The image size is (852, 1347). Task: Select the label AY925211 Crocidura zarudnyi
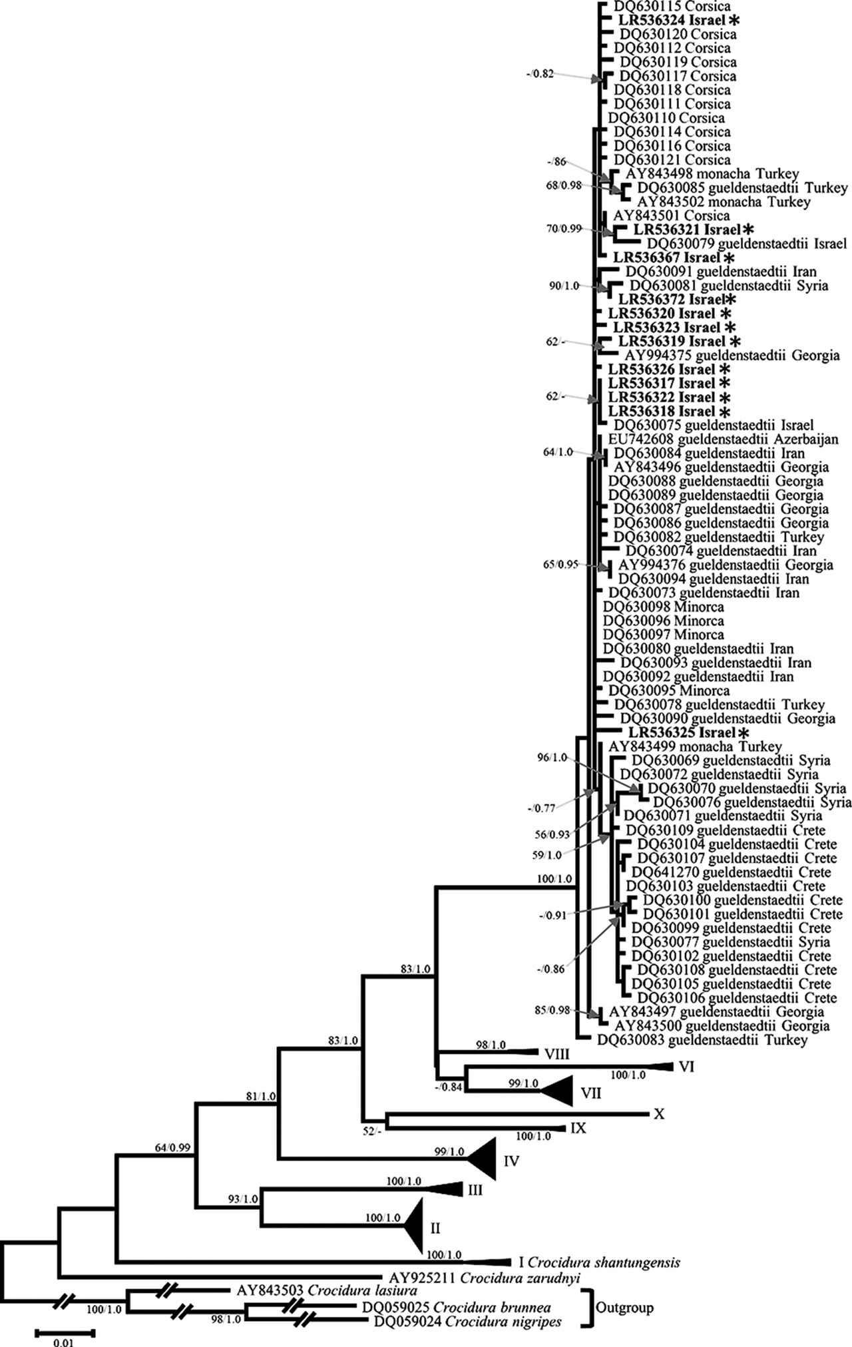(x=485, y=1277)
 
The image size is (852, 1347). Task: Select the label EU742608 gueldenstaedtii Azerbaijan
(x=723, y=439)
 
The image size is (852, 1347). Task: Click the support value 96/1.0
(x=552, y=758)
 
